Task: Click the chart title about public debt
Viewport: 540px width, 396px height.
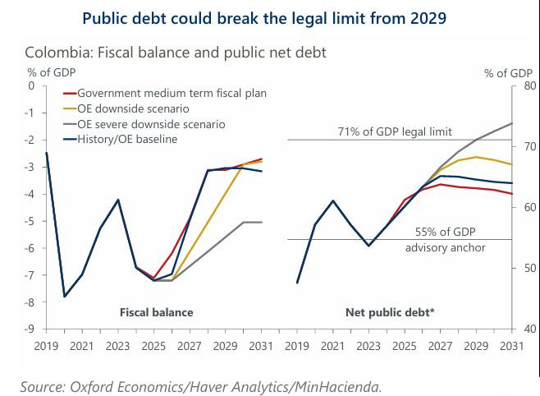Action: [x=270, y=18]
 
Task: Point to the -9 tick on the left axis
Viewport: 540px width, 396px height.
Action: [x=31, y=329]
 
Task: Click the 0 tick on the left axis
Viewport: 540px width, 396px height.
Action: [x=33, y=85]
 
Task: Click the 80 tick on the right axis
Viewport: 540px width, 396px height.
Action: [x=529, y=85]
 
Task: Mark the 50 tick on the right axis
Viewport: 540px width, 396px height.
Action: [x=529, y=269]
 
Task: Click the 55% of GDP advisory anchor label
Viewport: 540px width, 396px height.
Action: [x=446, y=240]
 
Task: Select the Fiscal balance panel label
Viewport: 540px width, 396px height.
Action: [x=157, y=312]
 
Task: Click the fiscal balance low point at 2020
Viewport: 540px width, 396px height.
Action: [x=65, y=297]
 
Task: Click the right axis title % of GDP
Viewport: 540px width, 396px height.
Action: [x=508, y=73]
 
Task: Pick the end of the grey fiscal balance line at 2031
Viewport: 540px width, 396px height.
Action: [x=261, y=222]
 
